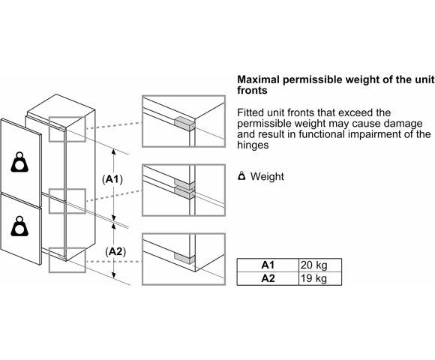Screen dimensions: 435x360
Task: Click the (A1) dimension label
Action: coord(112,179)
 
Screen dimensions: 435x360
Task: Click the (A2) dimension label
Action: coord(115,251)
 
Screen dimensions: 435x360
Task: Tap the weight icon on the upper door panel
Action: coord(19,162)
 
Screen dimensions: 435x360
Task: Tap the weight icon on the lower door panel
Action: coord(19,226)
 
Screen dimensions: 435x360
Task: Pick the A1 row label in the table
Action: coord(268,265)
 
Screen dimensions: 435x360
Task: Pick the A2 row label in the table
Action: coord(268,278)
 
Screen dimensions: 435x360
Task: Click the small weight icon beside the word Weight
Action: coord(241,175)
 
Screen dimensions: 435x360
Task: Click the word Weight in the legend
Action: coord(267,177)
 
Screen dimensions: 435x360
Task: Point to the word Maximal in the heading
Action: coord(258,79)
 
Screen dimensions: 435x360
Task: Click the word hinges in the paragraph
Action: coord(253,145)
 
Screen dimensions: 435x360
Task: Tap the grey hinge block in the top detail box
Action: coord(184,124)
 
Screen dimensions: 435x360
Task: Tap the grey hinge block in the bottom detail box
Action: coord(184,258)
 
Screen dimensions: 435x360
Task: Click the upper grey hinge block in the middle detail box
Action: coord(184,182)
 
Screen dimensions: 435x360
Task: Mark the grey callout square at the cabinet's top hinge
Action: coord(67,129)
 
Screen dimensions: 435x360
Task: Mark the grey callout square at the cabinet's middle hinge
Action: coord(67,201)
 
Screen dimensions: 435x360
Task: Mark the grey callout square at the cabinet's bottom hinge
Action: coord(67,260)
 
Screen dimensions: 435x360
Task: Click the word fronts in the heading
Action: coord(252,91)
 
